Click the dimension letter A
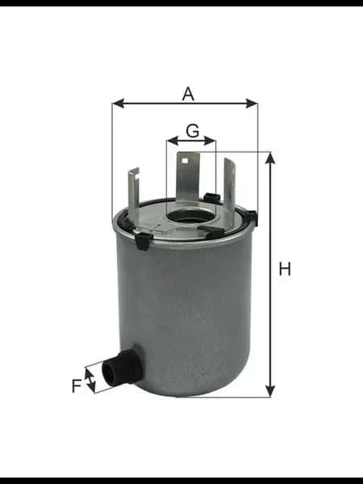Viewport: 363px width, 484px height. tap(188, 94)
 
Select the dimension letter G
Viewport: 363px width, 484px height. tap(193, 131)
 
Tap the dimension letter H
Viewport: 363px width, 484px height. tap(285, 269)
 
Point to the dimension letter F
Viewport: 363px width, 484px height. tap(77, 386)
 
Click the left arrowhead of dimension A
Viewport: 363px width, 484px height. tap(119, 103)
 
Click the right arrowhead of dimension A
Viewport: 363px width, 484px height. tap(251, 103)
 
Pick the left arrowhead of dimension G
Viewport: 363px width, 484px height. tap(173, 140)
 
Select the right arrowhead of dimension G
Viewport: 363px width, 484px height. tap(210, 140)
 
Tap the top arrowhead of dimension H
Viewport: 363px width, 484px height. tap(270, 158)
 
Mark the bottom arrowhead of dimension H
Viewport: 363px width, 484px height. tap(270, 390)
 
